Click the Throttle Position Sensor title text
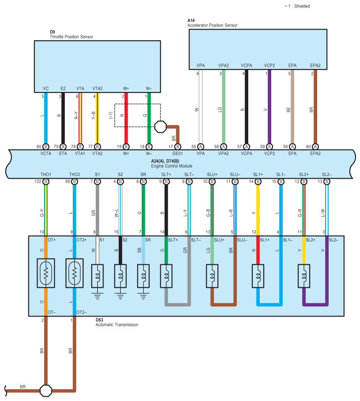71,37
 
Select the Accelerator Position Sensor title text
212,25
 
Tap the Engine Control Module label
171,166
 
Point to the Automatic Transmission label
117,325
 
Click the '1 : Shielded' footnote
297,6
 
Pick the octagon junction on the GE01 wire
160,126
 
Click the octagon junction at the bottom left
46,390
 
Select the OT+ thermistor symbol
46,273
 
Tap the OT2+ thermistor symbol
74,273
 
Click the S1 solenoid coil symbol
97,276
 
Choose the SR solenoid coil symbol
143,276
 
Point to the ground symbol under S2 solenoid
120,296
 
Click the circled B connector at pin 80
46,147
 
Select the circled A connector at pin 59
269,147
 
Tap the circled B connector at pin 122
46,182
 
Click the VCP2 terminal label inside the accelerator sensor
269,65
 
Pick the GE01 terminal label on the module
178,153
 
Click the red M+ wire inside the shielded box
126,115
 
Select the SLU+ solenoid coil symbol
212,276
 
